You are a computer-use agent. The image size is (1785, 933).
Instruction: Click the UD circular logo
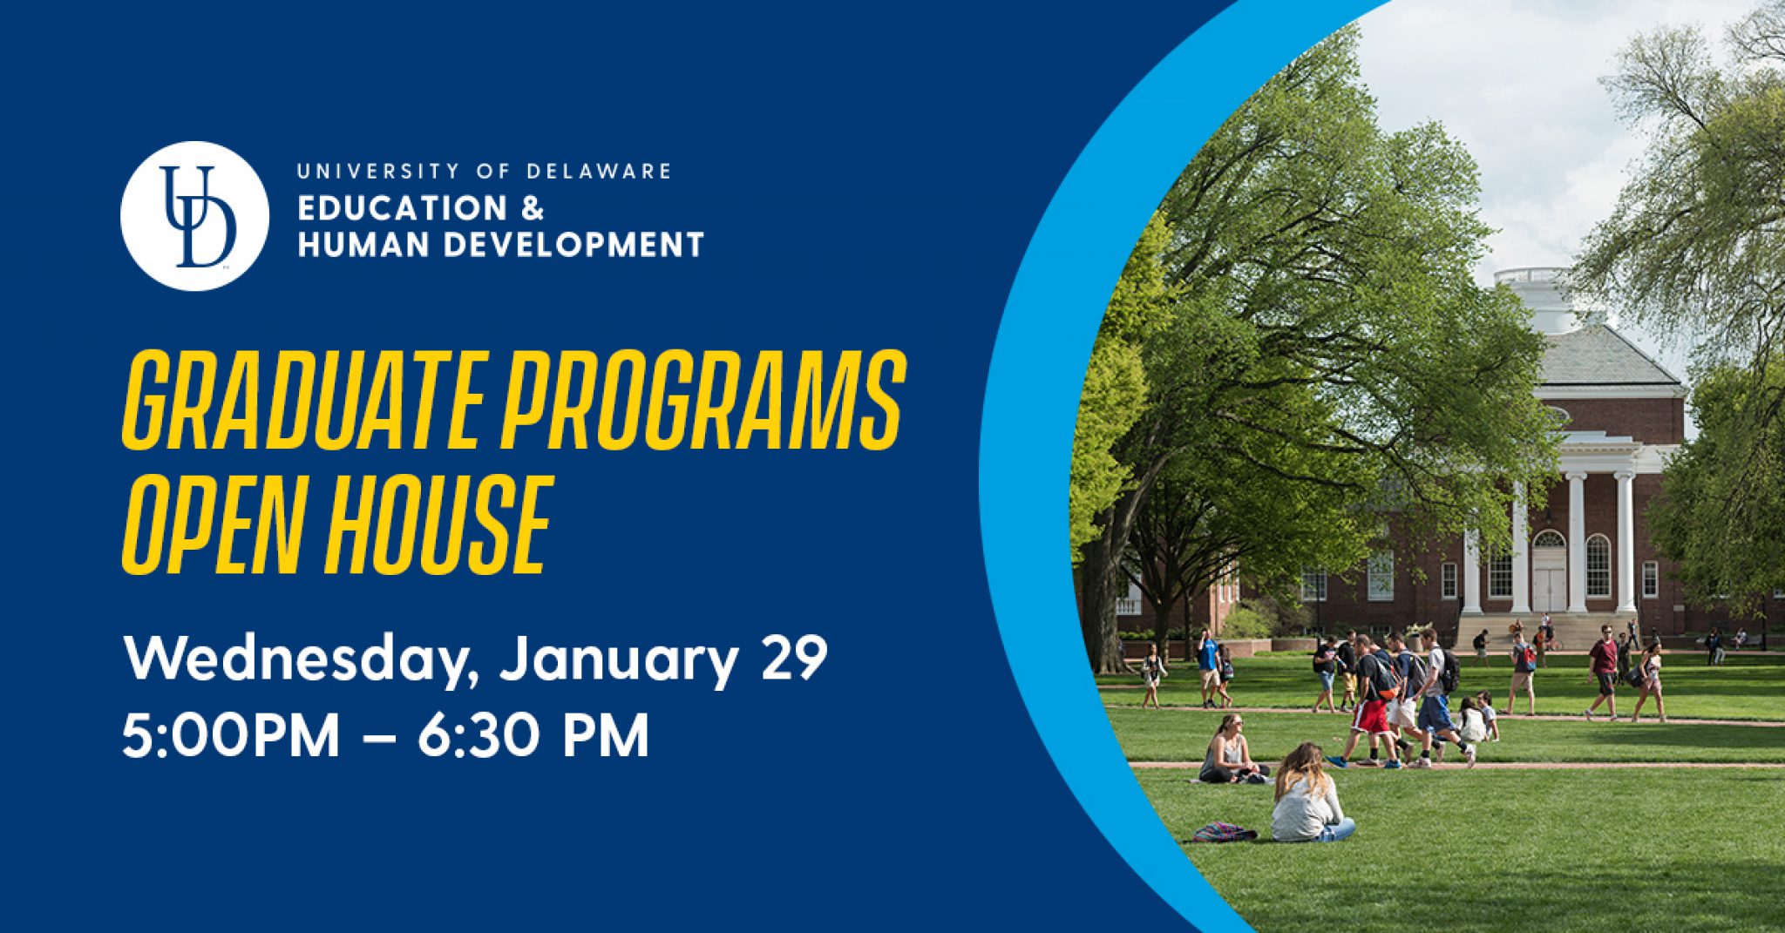194,215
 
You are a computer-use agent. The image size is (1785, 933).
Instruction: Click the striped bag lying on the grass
1224,832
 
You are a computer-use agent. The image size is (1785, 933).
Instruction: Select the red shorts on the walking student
1369,717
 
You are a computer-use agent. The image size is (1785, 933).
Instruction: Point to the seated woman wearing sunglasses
1230,749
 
